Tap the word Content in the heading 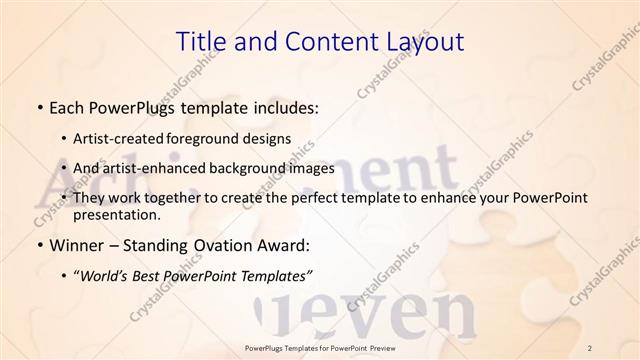pyautogui.click(x=321, y=41)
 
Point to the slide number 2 pyautogui.click(x=590, y=347)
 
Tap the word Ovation pyautogui.click(x=219, y=244)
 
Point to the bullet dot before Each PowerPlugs pyautogui.click(x=38, y=107)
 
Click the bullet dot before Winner pyautogui.click(x=38, y=245)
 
